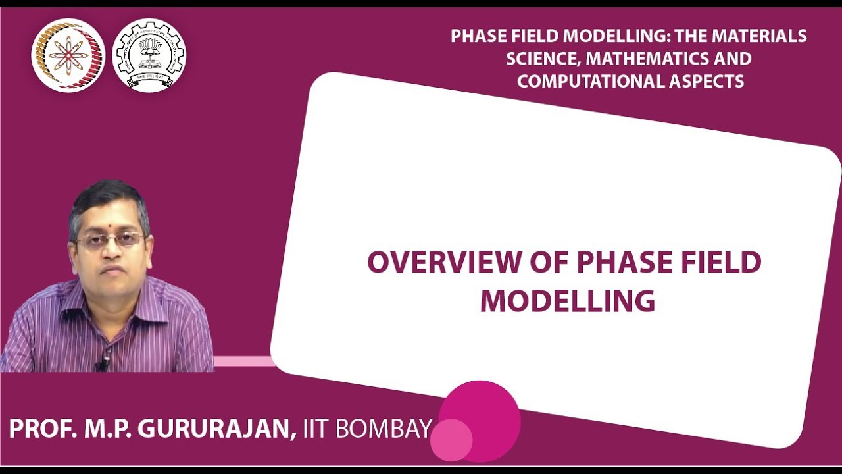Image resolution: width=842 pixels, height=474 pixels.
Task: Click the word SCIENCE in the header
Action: [x=543, y=59]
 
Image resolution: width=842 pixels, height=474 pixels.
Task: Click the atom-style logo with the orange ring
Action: [x=68, y=55]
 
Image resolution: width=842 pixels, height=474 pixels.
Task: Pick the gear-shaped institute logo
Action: [x=149, y=55]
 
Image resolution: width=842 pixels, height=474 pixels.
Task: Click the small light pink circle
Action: [x=451, y=440]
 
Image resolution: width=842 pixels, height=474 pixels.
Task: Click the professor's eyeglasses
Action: [x=110, y=239]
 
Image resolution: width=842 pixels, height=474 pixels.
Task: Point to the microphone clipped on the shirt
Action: [x=102, y=363]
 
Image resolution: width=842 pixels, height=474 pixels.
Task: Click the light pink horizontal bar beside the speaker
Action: [x=243, y=361]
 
